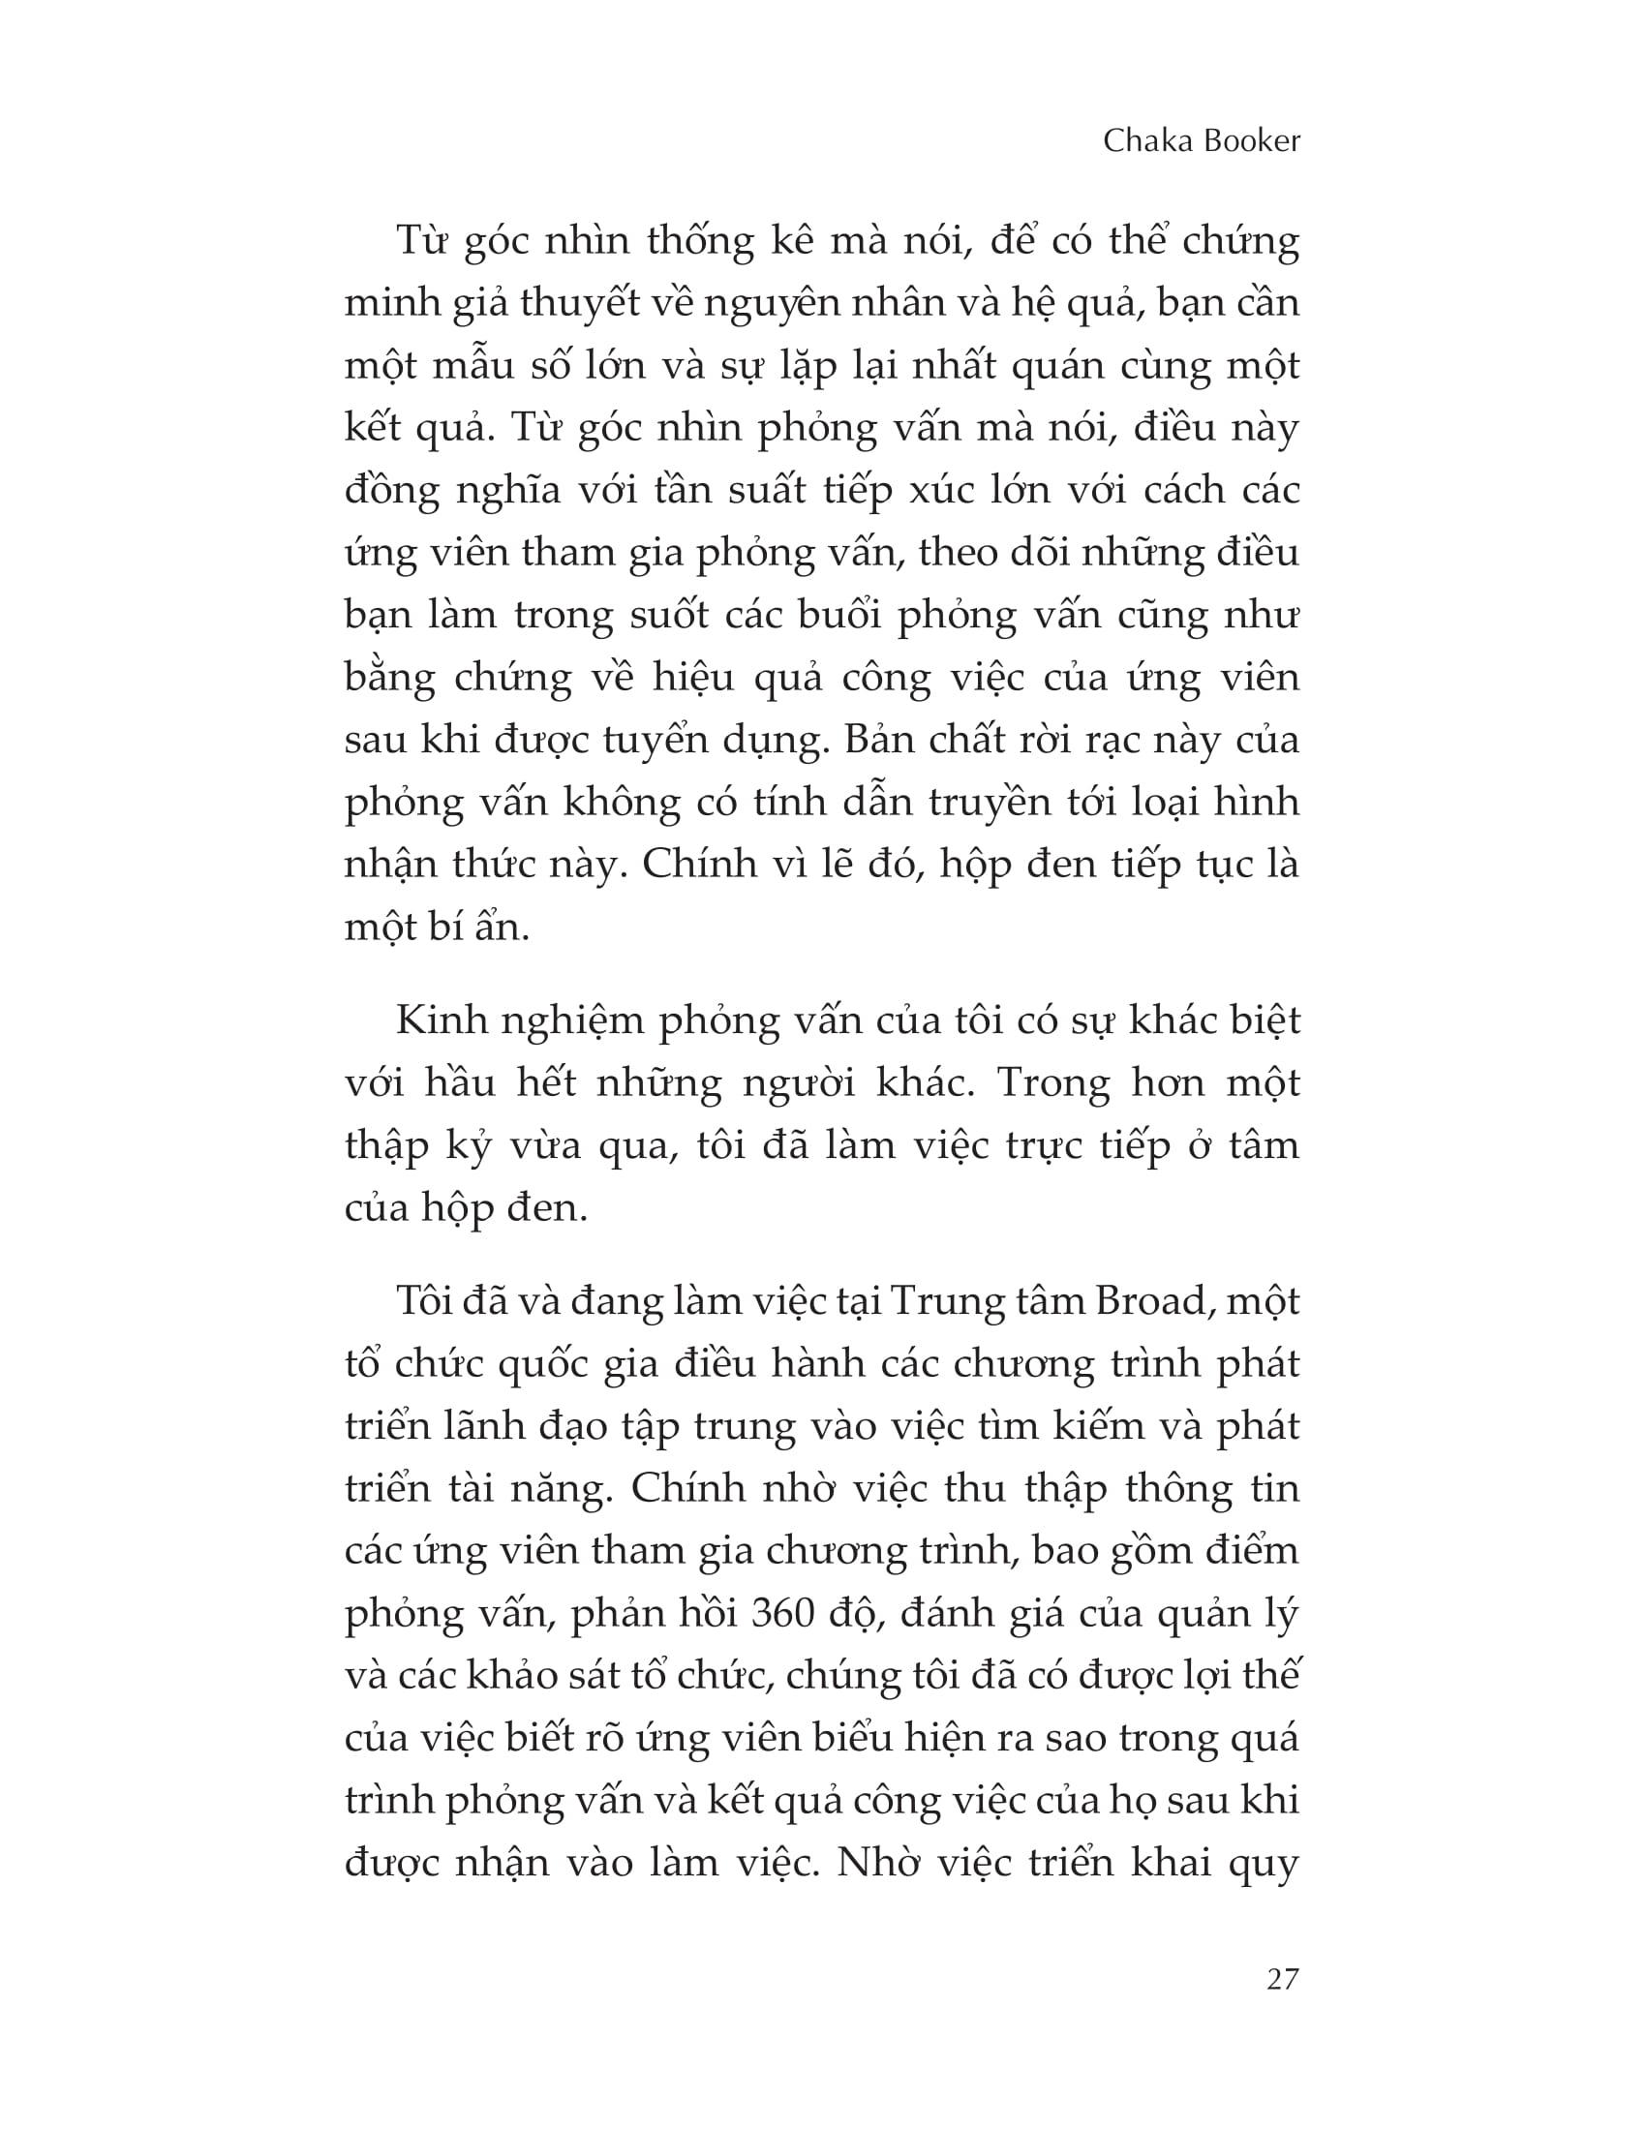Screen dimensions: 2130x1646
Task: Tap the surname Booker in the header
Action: pos(1252,141)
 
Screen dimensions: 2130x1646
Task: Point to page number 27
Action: pos(1282,1979)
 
